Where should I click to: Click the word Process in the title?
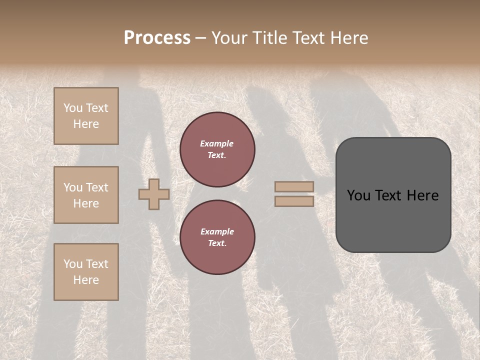157,38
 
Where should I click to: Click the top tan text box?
86,116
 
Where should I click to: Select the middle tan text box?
86,195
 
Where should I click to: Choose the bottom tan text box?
86,272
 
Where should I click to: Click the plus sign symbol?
154,194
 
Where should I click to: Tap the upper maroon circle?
217,149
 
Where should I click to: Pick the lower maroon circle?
217,237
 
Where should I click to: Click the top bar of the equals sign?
294,186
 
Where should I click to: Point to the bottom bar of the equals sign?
294,201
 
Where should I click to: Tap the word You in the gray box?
358,195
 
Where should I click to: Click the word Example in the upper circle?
217,143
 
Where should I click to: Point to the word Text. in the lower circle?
217,243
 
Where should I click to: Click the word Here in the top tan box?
86,124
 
